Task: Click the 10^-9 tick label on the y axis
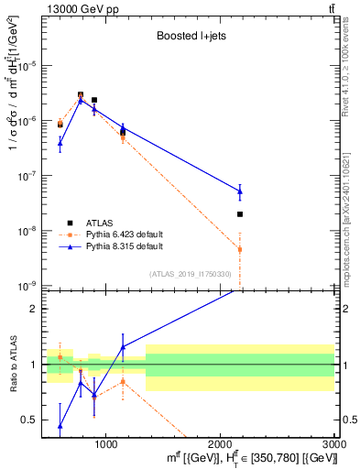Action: coord(32,286)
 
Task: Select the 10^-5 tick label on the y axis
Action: coord(32,66)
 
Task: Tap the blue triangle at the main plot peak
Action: coord(81,99)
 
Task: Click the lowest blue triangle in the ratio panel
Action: coord(60,425)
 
